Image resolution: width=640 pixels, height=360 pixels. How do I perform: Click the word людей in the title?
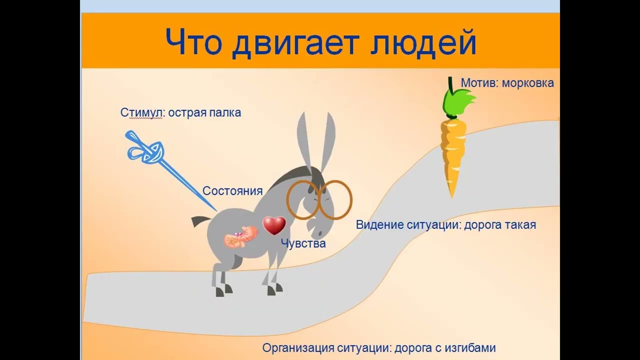coord(423,42)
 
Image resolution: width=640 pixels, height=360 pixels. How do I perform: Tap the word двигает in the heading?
coord(295,43)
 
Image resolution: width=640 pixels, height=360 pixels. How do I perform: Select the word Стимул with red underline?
coord(141,113)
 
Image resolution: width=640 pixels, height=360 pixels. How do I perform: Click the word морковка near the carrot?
coord(527,83)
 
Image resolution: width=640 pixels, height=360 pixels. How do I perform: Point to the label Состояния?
coord(232,191)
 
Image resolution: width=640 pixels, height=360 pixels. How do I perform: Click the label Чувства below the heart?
coord(303,243)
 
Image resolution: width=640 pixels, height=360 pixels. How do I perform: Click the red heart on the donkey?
coord(274,225)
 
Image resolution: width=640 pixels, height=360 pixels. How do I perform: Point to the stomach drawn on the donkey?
coord(240,236)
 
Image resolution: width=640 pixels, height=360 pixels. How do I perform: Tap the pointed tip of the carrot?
coord(452,197)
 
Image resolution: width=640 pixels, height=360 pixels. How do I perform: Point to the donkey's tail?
coord(201,221)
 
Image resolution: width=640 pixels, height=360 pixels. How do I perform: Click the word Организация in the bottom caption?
coord(298,348)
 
